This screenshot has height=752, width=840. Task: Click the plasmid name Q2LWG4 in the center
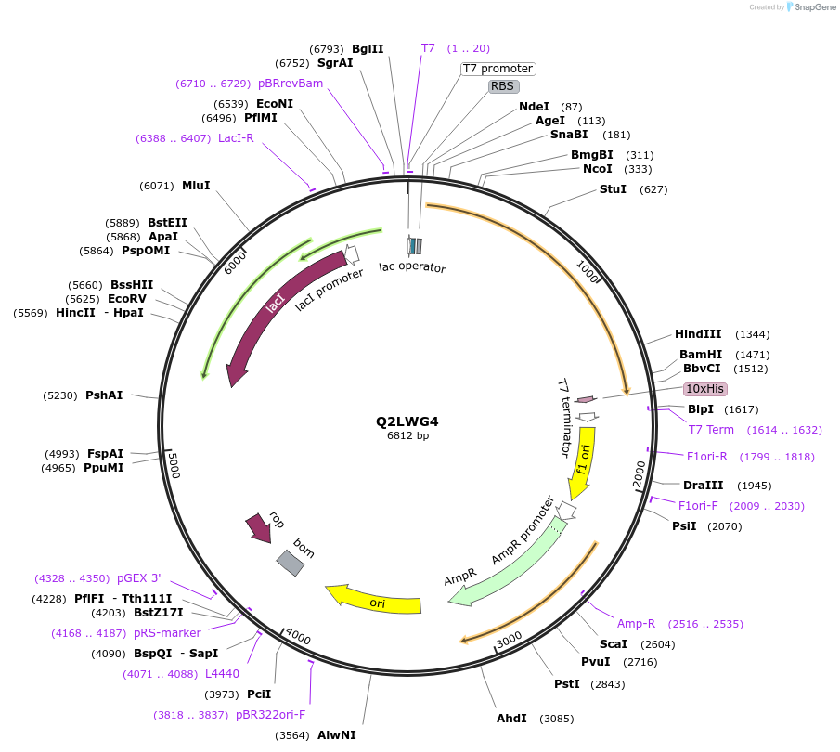point(407,421)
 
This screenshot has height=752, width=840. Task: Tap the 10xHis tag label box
point(705,388)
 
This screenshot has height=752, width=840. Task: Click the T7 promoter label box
point(498,69)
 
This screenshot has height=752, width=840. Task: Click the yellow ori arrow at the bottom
point(376,602)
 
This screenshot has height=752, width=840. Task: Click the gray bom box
point(291,561)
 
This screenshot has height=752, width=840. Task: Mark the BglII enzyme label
point(368,48)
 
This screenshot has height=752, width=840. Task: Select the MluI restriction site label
point(196,186)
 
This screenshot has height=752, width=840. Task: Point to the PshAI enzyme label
point(104,395)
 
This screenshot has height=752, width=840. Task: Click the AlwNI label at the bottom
point(336,734)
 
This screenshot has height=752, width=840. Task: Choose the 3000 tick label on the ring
point(509,642)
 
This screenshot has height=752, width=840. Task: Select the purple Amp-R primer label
point(636,624)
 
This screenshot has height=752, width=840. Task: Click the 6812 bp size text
point(407,435)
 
